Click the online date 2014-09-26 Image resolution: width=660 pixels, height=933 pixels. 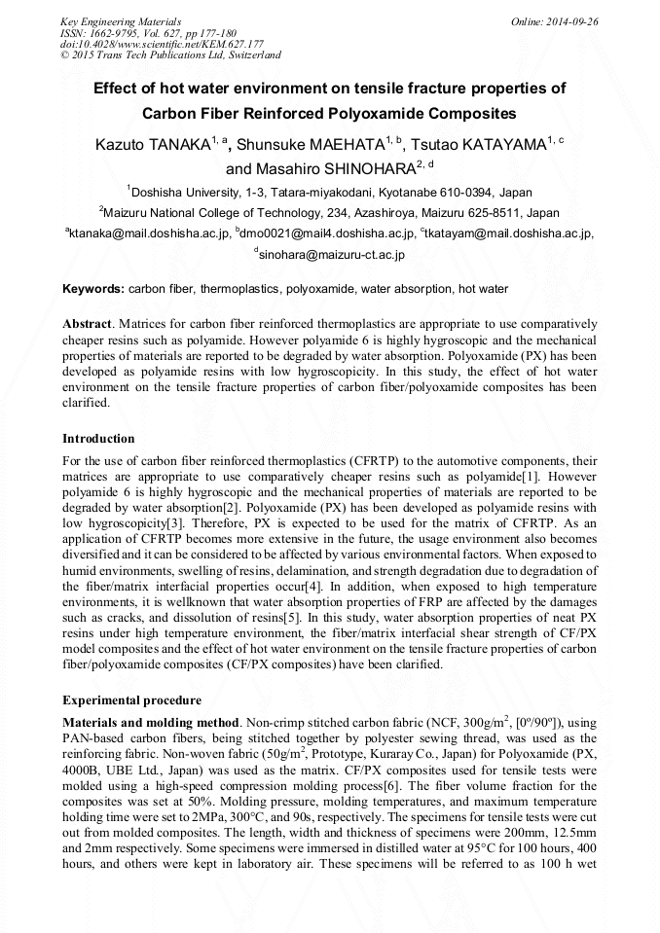coord(568,20)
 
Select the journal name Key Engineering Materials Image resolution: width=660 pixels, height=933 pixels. coord(121,20)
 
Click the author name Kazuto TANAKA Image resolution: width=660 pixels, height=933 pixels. coord(152,145)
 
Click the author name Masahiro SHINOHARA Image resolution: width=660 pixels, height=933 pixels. coord(334,168)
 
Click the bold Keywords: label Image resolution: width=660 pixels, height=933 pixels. coord(93,289)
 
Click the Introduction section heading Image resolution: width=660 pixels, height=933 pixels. coord(98,439)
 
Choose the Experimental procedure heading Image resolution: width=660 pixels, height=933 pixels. coord(131,700)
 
